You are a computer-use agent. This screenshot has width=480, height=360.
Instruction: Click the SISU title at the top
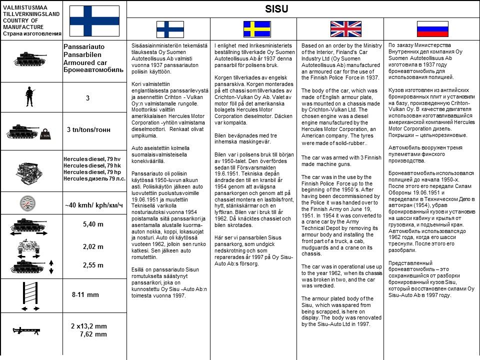tap(276, 9)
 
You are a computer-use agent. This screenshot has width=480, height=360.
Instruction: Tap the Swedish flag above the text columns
tap(256, 29)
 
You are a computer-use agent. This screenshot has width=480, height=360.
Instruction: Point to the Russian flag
tap(433, 29)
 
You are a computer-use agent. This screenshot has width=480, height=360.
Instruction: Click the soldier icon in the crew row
tap(29, 96)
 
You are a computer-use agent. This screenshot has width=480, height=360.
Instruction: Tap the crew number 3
tap(87, 98)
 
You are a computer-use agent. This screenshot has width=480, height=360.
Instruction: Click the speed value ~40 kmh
tap(94, 205)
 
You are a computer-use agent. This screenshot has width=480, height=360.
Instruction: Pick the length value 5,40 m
tap(93, 224)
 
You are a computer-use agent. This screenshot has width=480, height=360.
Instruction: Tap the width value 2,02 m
tap(93, 246)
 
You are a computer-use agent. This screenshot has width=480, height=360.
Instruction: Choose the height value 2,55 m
tap(93, 265)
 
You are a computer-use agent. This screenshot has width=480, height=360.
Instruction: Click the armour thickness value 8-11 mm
tap(85, 294)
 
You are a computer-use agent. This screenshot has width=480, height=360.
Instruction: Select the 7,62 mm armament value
tap(93, 334)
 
